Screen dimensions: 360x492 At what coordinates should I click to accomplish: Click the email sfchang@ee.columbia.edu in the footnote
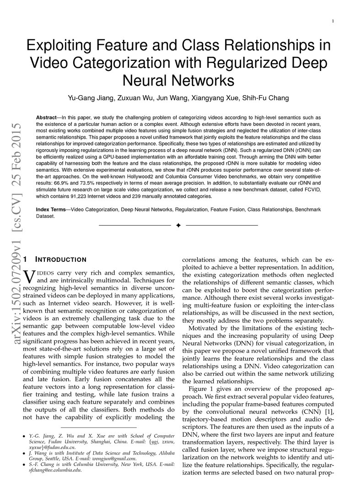click(x=57, y=470)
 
